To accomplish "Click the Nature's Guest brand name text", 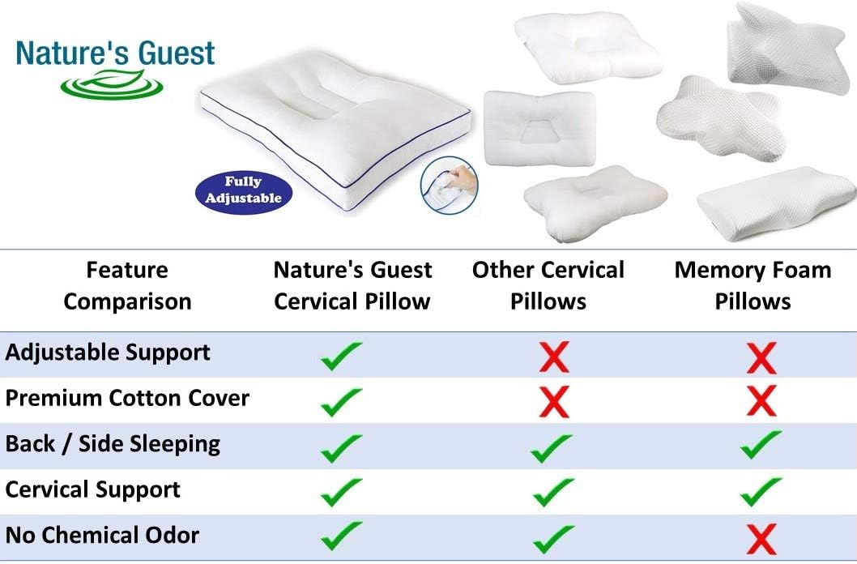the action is (x=115, y=53).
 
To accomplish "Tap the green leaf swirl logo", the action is (x=112, y=85).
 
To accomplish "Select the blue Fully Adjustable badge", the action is (x=244, y=191).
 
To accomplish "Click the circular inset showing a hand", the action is (x=450, y=185).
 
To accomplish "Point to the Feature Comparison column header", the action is (x=127, y=286).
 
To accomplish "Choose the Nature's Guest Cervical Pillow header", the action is (x=352, y=286).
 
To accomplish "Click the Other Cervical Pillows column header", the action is (x=548, y=286).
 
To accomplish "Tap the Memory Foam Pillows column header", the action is (x=753, y=286).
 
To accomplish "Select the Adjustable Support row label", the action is (x=108, y=353).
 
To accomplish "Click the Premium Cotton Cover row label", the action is (x=127, y=398).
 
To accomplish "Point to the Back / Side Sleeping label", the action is (x=113, y=444).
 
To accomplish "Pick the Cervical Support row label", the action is (x=92, y=489).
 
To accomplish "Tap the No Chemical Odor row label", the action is (x=102, y=535).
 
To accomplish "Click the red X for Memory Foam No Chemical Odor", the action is (x=761, y=539).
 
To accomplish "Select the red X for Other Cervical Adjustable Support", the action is (x=554, y=357).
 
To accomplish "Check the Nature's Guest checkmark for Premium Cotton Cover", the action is (x=341, y=402).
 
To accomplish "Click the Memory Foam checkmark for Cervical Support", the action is (x=761, y=491).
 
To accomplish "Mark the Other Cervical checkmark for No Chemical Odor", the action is (x=553, y=539).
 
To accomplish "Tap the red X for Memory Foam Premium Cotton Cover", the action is (x=761, y=400).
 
